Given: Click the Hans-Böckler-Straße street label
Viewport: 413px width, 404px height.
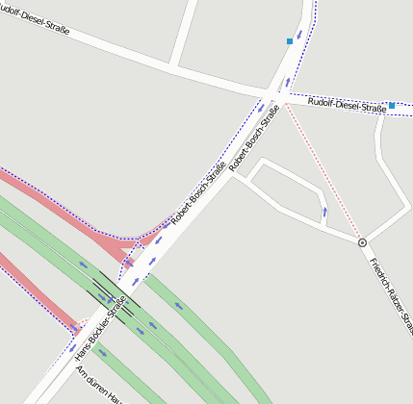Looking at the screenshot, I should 101,330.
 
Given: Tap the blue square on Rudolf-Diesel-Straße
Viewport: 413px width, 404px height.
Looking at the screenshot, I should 392,105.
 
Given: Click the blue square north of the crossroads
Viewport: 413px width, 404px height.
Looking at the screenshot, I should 290,41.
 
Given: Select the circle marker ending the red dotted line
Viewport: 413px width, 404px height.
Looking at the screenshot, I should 362,243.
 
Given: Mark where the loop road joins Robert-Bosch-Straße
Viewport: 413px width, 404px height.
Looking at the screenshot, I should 231,175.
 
